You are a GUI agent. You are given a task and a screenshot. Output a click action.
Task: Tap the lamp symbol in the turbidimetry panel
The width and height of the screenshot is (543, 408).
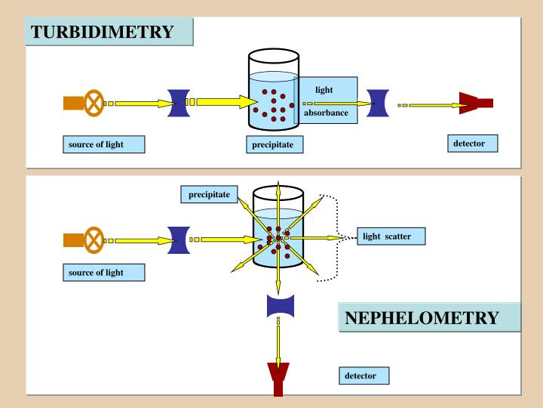click(x=95, y=103)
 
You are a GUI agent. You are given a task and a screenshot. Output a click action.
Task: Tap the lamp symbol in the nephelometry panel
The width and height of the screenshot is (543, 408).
click(x=95, y=240)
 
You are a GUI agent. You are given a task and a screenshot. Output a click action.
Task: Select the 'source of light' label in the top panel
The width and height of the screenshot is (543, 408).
click(x=103, y=144)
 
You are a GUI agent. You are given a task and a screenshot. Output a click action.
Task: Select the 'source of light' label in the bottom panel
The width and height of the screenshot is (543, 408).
click(x=103, y=272)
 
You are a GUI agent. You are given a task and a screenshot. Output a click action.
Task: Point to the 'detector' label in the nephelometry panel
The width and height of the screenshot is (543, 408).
click(x=366, y=375)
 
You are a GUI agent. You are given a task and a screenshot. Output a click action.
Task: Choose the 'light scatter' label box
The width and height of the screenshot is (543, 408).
click(x=394, y=236)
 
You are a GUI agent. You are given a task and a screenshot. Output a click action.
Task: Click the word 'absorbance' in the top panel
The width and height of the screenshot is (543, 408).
click(x=326, y=113)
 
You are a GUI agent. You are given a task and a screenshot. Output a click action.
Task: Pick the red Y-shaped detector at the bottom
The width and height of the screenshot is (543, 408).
click(x=278, y=382)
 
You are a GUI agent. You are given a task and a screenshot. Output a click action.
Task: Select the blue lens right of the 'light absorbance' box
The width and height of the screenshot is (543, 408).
click(x=378, y=104)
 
